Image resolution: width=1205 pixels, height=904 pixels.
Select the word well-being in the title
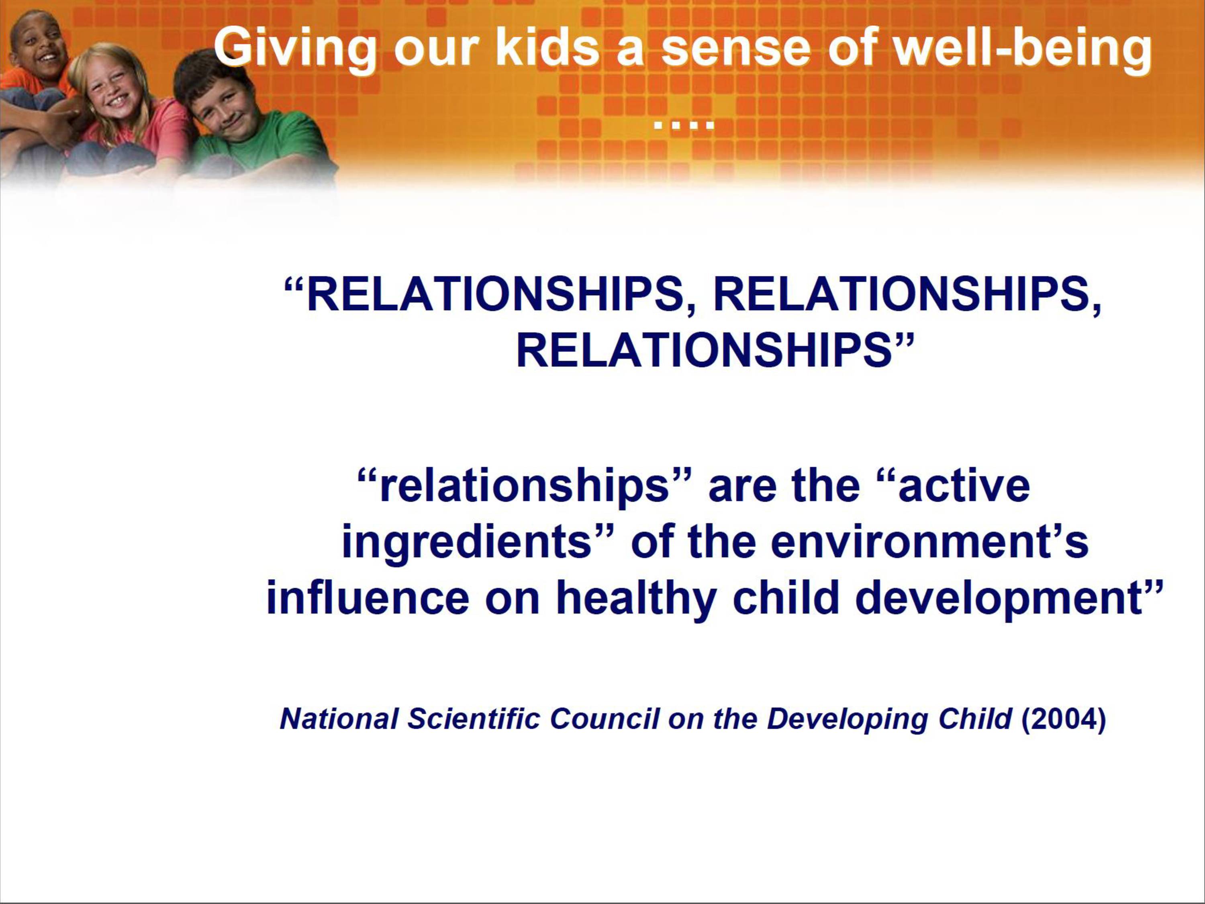click(x=1022, y=48)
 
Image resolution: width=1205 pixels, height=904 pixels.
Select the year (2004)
click(x=1063, y=719)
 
